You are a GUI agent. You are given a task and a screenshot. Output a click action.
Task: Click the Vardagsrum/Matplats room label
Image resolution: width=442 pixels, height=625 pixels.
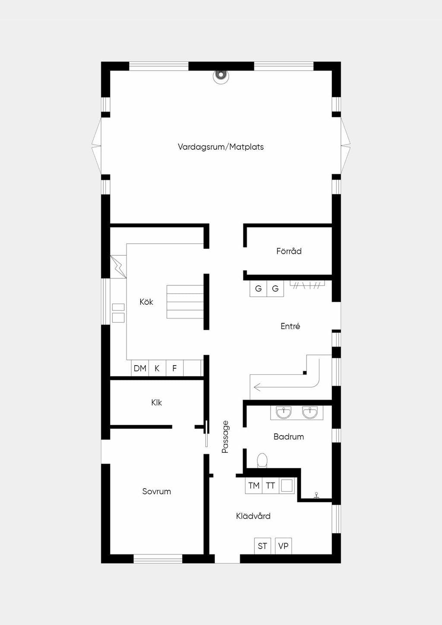221,147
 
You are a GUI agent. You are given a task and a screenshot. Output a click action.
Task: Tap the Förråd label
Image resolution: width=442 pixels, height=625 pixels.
289,251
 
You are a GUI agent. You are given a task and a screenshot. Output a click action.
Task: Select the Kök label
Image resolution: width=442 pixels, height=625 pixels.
146,302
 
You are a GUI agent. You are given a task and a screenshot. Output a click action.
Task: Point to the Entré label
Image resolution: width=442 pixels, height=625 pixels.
290,326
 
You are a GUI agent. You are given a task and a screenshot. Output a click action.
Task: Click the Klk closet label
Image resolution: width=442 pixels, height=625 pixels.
156,402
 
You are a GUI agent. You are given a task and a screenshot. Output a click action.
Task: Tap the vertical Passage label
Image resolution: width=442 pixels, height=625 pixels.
225,437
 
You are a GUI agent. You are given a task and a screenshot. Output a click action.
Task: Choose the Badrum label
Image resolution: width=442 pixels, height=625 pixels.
288,436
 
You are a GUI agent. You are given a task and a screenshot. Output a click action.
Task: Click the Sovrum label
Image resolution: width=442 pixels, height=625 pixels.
156,491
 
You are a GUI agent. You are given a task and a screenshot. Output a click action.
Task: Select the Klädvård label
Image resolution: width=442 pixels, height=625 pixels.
253,516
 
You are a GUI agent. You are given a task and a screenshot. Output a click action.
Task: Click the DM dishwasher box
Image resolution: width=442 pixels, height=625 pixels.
140,368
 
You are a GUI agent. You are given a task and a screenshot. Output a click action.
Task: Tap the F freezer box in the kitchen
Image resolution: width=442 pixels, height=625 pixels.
175,368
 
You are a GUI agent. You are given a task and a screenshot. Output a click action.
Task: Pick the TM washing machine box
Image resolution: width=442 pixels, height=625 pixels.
254,486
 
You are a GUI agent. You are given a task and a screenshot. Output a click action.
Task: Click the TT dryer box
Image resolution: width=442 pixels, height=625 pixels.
270,486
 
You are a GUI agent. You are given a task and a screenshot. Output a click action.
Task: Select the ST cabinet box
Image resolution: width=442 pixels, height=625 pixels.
262,546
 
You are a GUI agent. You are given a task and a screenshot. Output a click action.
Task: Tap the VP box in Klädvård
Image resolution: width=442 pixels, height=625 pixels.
283,546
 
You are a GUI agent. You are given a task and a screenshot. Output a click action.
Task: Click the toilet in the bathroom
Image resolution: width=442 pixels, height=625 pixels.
262,461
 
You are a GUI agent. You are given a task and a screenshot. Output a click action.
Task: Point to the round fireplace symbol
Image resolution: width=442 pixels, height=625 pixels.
221,76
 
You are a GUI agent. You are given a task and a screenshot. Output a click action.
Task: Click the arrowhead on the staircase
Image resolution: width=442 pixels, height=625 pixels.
257,387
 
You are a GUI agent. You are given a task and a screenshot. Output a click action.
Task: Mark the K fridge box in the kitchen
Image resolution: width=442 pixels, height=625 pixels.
157,368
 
